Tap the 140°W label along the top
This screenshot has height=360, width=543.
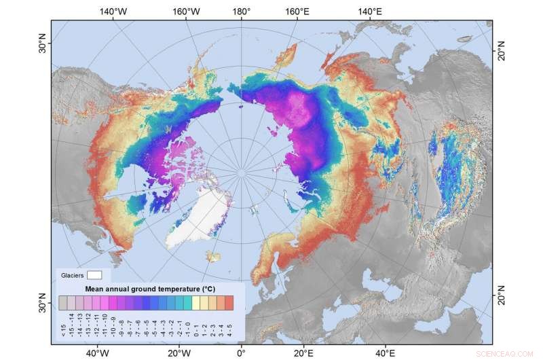pos(113,12)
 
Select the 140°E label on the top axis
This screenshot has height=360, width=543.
pos(370,12)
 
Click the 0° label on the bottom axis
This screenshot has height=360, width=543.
pos(241,353)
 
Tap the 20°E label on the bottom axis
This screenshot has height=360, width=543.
pos(303,353)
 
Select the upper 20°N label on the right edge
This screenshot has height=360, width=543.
pos(502,52)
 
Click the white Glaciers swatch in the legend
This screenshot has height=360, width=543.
pos(94,275)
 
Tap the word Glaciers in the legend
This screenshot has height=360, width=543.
pos(73,275)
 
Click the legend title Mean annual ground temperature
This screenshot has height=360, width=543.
pos(146,289)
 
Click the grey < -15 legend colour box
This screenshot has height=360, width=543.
pos(63,302)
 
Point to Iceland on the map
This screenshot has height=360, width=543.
pos(214,257)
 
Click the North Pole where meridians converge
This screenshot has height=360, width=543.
pos(241,174)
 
